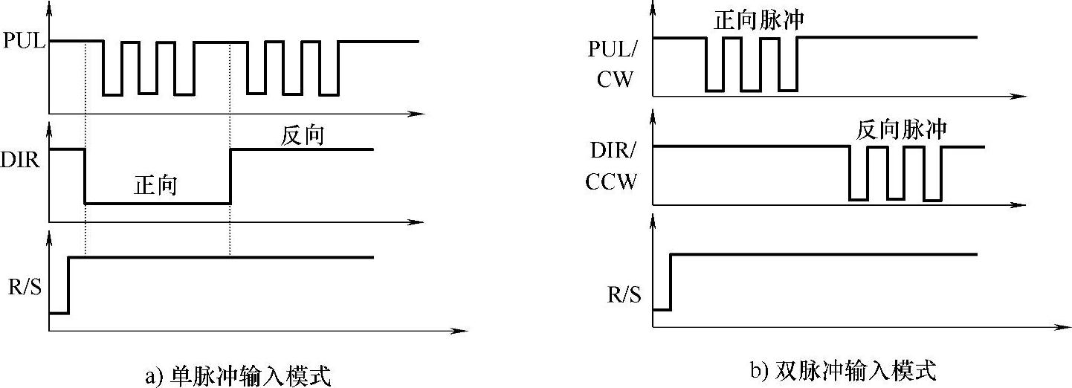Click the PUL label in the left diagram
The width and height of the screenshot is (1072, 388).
25,42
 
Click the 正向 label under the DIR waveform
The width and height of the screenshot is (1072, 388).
155,185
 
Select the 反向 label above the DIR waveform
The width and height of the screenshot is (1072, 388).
303,135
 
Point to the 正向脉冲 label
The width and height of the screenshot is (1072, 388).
758,21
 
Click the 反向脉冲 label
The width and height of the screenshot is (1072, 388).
901,129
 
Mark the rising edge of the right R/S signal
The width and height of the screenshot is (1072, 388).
671,282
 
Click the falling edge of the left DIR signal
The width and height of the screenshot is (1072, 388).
85,176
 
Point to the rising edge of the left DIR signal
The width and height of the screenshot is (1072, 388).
230,176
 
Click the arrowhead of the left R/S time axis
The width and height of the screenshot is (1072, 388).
463,330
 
